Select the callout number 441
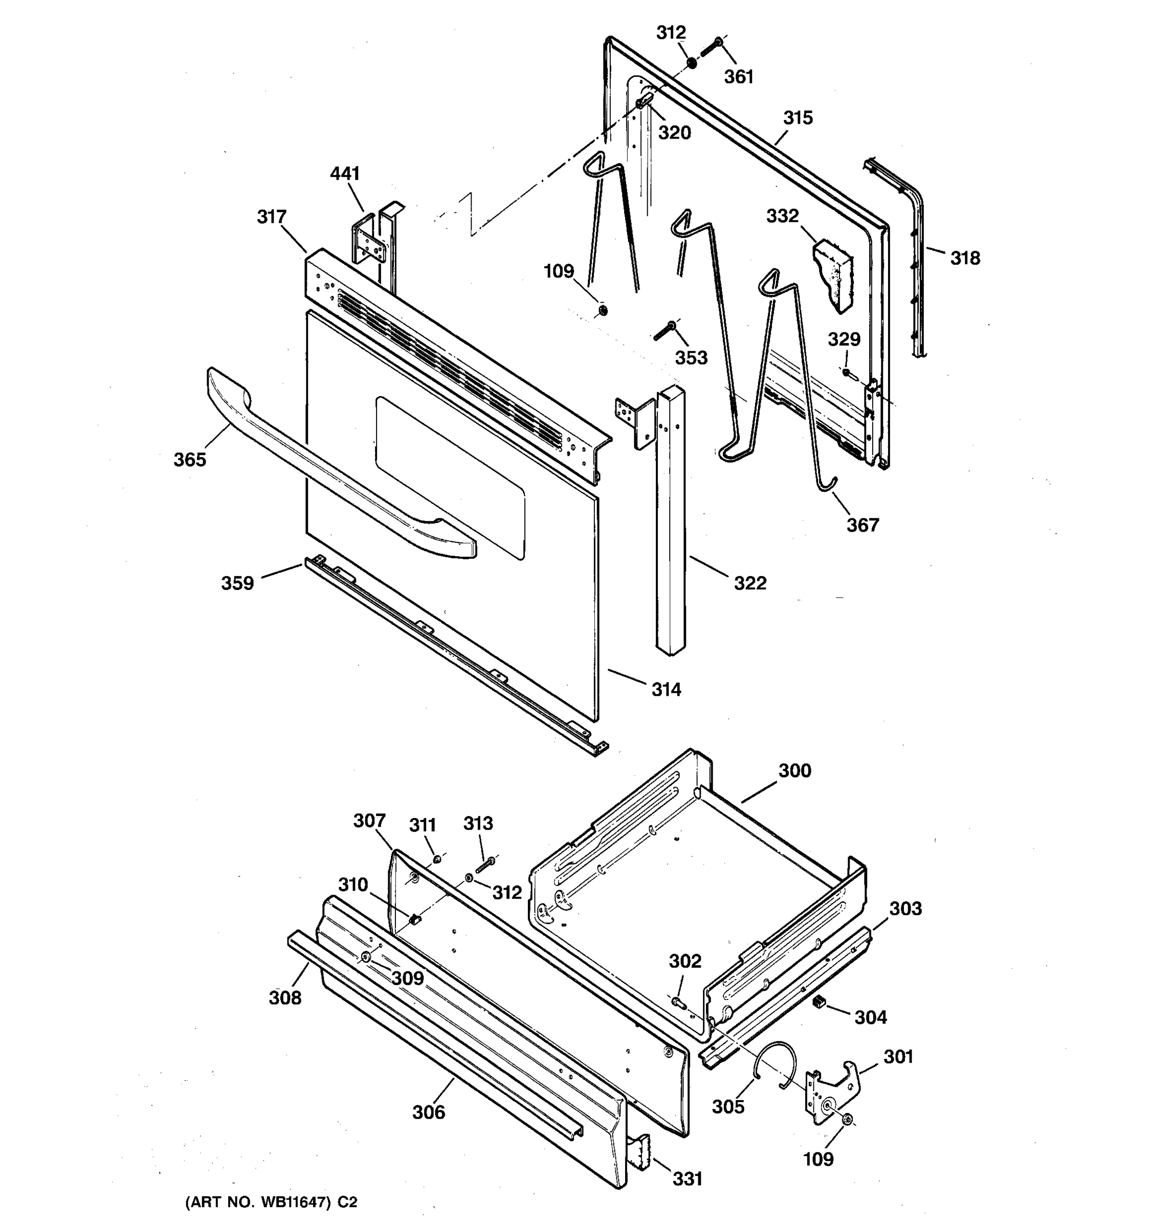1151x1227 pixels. tap(345, 174)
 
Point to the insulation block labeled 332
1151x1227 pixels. tap(834, 275)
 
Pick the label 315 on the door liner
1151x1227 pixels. tap(798, 119)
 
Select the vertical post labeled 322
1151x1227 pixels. tap(671, 518)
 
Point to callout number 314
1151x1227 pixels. tap(666, 689)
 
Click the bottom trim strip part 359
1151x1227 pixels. tap(451, 654)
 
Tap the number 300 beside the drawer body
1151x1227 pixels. tap(794, 771)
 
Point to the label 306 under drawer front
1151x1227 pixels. tap(429, 1112)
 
